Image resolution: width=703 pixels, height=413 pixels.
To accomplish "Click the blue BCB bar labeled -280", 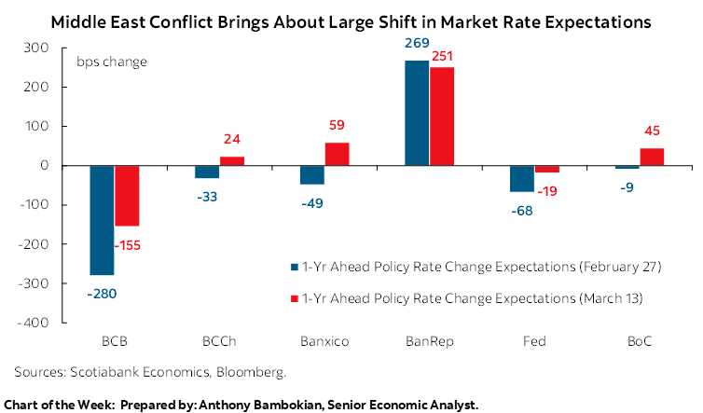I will [102, 220].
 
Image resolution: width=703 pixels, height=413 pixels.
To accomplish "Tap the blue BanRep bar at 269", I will [416, 113].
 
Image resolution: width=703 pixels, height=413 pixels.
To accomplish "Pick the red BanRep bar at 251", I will [441, 117].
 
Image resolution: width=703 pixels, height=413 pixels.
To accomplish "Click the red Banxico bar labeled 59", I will [337, 154].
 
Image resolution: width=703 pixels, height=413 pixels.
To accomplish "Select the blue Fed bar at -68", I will [521, 179].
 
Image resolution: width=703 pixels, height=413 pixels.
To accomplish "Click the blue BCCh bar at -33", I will [206, 172].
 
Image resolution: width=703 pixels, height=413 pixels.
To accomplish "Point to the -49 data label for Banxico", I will [311, 203].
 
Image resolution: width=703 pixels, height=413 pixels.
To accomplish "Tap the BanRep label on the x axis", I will [429, 342].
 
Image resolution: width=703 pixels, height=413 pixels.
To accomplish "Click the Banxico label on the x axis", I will [324, 342].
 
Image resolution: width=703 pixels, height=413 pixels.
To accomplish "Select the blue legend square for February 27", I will [296, 267].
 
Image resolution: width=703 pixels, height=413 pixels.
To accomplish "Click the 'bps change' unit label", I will [111, 62].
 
